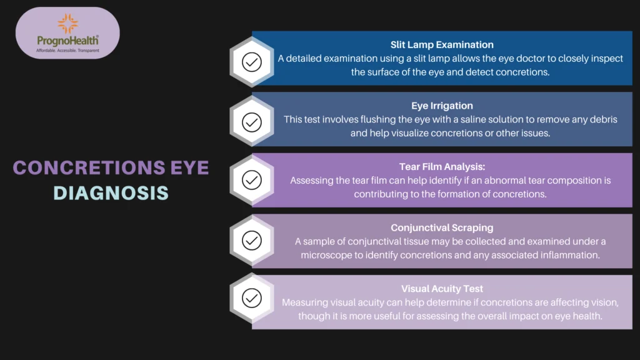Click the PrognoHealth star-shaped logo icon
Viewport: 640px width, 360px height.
[67, 24]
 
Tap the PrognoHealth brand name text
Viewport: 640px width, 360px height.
[67, 40]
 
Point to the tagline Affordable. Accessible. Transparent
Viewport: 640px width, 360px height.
[67, 50]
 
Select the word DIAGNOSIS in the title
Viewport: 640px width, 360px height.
[111, 192]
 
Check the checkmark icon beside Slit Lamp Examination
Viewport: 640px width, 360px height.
[251, 62]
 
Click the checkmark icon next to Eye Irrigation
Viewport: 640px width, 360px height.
[251, 122]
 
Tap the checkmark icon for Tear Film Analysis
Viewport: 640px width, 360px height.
[251, 181]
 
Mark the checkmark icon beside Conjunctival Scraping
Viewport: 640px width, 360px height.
[251, 241]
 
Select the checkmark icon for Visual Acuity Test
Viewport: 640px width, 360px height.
[251, 299]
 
